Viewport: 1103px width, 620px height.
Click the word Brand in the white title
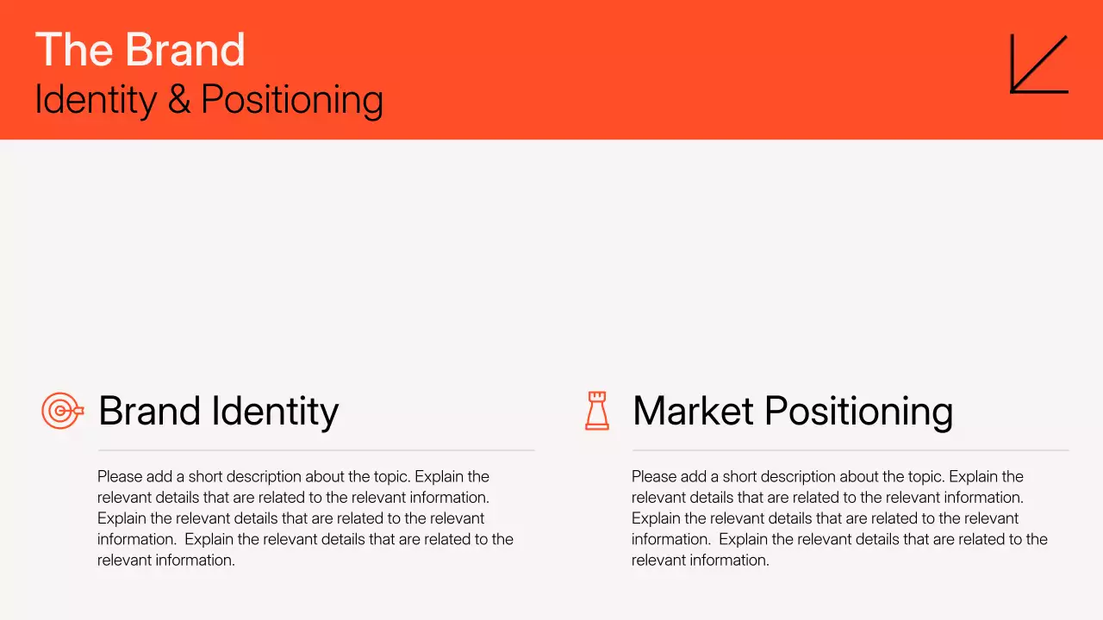point(185,50)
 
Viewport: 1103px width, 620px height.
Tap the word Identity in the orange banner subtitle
point(95,100)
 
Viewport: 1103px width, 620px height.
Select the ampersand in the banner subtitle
point(179,100)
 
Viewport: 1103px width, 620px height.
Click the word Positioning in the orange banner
point(292,100)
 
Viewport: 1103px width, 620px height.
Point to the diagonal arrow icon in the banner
point(1038,64)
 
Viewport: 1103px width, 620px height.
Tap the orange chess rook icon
point(596,411)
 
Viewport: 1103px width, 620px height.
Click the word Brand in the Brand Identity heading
point(149,411)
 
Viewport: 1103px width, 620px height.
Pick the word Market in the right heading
point(692,411)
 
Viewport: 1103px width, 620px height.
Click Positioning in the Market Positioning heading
point(858,411)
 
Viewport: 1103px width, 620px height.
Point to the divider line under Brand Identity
point(316,450)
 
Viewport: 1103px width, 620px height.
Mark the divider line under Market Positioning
point(851,450)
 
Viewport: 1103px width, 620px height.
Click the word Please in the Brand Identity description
point(119,477)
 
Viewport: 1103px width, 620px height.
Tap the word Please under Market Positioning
point(653,477)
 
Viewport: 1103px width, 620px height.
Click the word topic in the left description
point(389,477)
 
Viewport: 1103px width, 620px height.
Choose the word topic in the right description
point(923,477)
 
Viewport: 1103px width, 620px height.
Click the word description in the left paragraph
point(265,477)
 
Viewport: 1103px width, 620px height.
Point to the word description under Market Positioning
point(800,477)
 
